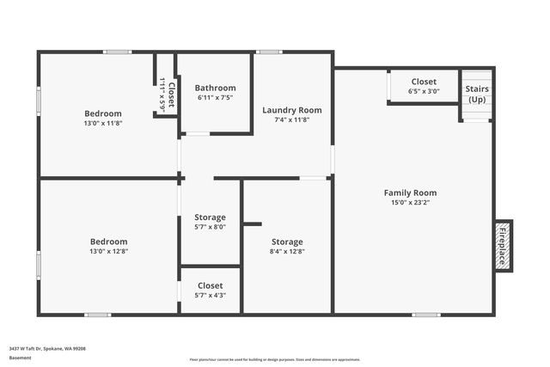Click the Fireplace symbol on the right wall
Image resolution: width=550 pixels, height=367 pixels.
coord(503,246)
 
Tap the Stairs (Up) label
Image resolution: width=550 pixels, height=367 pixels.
coord(476,95)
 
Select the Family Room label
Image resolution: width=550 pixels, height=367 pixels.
coord(410,193)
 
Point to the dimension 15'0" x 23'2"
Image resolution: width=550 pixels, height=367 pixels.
coord(410,203)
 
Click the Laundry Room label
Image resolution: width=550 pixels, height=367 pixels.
coord(292,110)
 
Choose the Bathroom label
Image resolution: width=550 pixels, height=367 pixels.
coord(215,88)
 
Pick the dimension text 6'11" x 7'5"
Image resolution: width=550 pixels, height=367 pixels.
coord(215,98)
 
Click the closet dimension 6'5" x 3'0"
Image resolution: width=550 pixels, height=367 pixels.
coord(424,91)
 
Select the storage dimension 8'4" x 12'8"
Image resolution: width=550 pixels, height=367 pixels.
coord(287,251)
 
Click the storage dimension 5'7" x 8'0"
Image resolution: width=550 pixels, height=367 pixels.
coord(210,227)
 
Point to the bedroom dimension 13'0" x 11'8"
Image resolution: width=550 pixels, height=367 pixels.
coord(102,123)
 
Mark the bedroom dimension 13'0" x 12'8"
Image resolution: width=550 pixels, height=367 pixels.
coord(108,251)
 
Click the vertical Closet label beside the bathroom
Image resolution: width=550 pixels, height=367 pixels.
coord(171,93)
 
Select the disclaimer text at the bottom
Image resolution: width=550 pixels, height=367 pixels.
coord(275,359)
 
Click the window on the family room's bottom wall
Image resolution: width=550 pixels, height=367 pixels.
coord(425,315)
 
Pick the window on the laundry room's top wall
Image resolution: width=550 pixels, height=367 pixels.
coord(269,52)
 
